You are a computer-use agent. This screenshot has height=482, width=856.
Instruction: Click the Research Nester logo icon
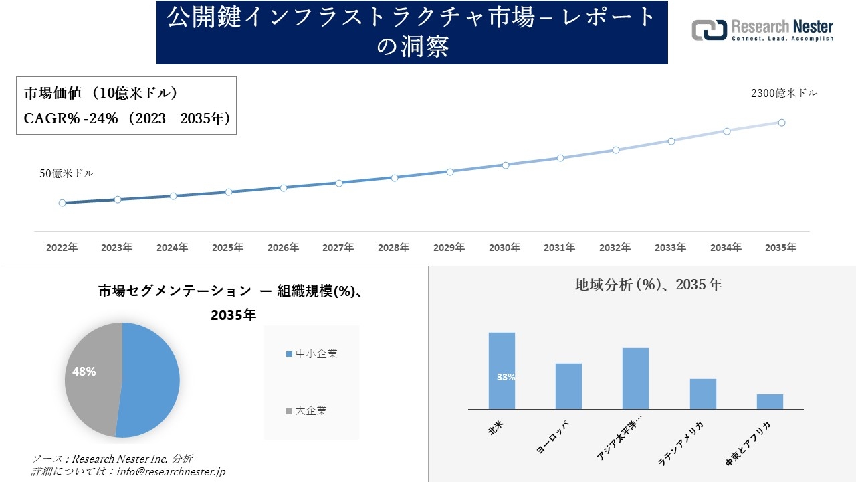pyautogui.click(x=710, y=30)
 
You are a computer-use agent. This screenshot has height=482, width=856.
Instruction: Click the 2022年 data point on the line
pyautogui.click(x=62, y=203)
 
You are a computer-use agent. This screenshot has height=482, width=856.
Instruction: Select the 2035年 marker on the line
pyautogui.click(x=781, y=123)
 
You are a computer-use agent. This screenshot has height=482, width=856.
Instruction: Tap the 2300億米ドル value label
pyautogui.click(x=784, y=94)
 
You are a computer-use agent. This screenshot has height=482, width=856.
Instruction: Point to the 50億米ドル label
pyautogui.click(x=66, y=173)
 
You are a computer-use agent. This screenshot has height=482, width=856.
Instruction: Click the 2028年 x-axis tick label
pyautogui.click(x=393, y=248)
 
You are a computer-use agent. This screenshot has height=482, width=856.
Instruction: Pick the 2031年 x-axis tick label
pyautogui.click(x=559, y=248)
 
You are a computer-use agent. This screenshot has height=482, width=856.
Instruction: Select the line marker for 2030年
pyautogui.click(x=505, y=165)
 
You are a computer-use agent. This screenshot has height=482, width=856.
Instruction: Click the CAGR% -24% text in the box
pyautogui.click(x=70, y=118)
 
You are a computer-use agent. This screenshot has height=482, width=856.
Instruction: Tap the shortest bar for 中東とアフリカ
pyautogui.click(x=770, y=401)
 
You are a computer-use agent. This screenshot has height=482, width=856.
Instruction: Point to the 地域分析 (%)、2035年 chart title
pyautogui.click(x=648, y=285)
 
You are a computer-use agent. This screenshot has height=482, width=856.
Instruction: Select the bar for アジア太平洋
pyautogui.click(x=635, y=378)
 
